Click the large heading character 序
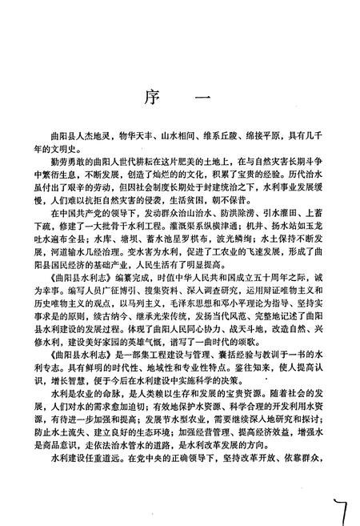(x=150, y=100)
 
